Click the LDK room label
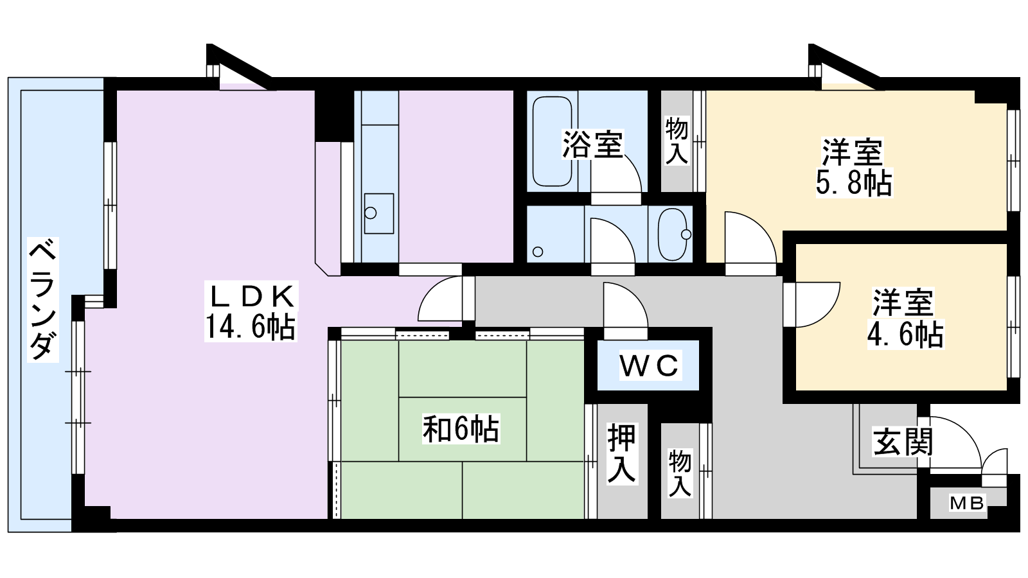click(x=251, y=296)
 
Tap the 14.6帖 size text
click(x=251, y=327)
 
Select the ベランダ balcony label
click(x=42, y=299)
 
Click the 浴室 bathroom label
click(x=592, y=144)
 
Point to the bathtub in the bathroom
click(x=552, y=141)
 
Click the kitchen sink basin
click(x=378, y=213)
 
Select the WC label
click(x=650, y=365)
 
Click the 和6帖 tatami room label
click(x=461, y=429)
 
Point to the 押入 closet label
click(x=622, y=453)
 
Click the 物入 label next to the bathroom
click(x=677, y=141)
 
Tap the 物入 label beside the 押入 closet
click(x=680, y=473)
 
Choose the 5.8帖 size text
click(x=854, y=182)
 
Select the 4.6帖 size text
click(x=905, y=334)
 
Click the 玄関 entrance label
click(x=903, y=442)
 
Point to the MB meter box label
click(x=967, y=504)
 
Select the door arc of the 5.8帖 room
click(x=763, y=227)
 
